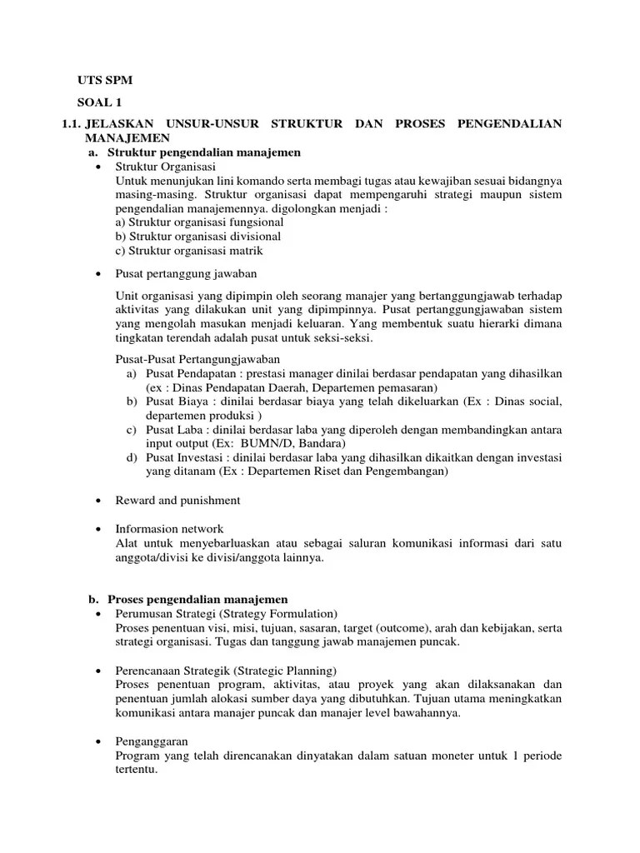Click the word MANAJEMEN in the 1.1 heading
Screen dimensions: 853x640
127,138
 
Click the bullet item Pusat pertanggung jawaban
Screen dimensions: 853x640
187,273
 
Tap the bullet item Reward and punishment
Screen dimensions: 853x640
177,500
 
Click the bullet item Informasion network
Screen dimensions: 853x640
170,529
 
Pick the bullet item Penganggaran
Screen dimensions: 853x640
152,741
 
